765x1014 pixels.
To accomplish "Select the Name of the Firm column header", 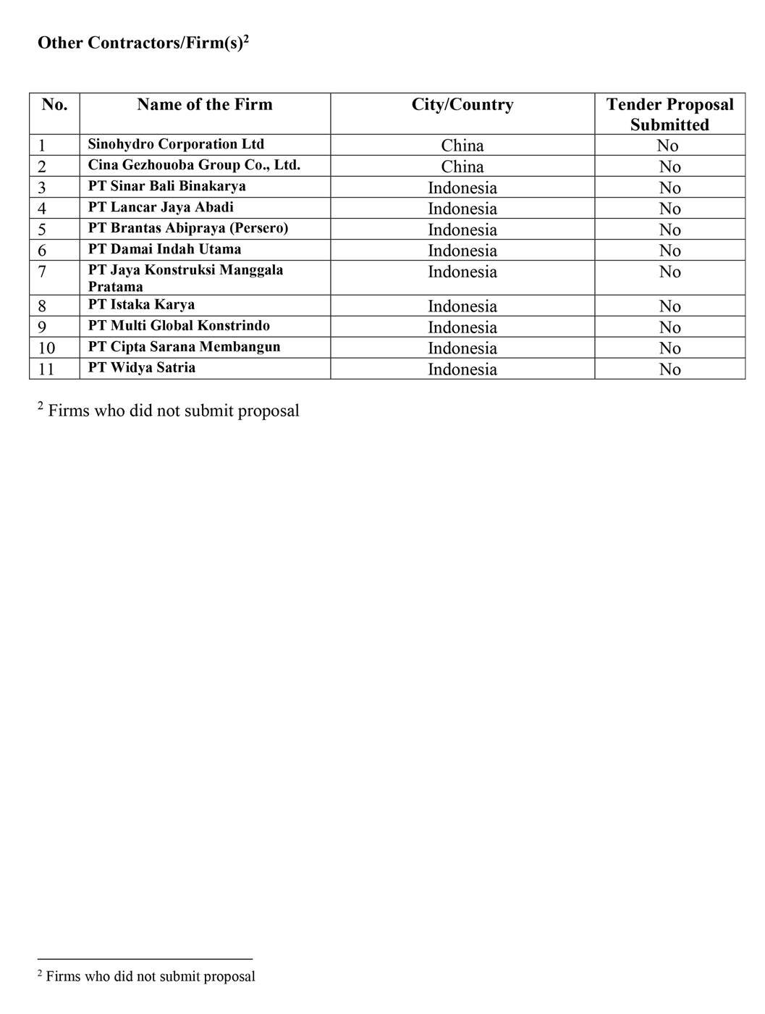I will (205, 104).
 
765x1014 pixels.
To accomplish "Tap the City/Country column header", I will (462, 104).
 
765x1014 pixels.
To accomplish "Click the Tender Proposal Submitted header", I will (669, 114).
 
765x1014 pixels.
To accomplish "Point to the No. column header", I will (54, 104).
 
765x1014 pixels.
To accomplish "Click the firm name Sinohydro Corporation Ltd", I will (176, 144).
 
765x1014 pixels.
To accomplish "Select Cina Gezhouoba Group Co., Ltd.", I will (194, 165).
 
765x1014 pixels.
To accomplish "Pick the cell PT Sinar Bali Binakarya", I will (167, 186).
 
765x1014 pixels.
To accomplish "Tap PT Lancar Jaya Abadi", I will (161, 207).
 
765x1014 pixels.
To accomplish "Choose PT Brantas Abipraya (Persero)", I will (188, 228).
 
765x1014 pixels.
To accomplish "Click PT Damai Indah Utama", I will (165, 249).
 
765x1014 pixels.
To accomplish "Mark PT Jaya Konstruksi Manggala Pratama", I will (185, 277).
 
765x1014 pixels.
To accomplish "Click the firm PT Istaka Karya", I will (141, 305).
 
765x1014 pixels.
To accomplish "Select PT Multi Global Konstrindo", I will (179, 326).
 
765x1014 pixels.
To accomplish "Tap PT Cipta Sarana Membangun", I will (184, 347).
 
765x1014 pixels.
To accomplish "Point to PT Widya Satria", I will (142, 368).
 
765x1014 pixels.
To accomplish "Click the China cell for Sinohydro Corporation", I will (462, 146).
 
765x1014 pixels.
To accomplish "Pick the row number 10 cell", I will (46, 348).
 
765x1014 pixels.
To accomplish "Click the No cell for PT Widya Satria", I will (669, 369).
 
